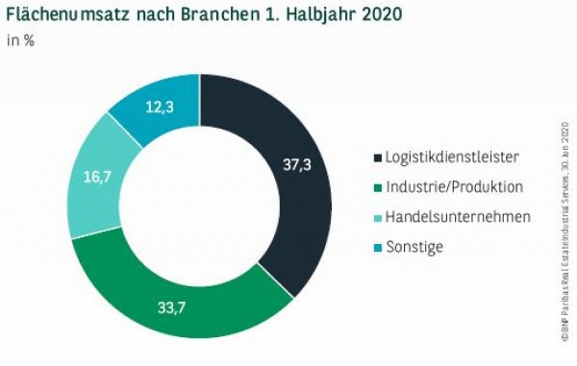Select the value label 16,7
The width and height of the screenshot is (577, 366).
(x=92, y=178)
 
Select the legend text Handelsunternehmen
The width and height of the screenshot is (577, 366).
(x=458, y=216)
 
